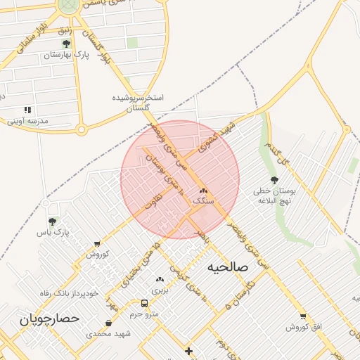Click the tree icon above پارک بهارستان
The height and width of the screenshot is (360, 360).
66,44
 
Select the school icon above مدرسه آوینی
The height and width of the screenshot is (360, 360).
27,110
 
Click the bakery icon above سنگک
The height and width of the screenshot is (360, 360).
203,191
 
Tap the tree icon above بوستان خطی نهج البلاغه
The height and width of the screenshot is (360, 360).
274,181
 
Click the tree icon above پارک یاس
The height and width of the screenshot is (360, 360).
52,221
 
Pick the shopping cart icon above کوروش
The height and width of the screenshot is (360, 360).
96,244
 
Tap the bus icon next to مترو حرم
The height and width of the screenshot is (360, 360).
144,304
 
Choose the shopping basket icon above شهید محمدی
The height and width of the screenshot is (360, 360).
108,323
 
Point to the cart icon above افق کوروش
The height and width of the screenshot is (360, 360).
303,316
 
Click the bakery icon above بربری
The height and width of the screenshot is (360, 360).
160,279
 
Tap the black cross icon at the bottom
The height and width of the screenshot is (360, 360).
188,351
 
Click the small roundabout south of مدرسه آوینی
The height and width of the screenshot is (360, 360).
82,129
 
